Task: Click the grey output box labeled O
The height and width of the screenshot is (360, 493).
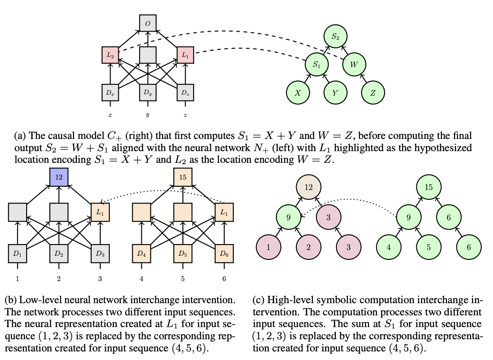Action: [148, 23]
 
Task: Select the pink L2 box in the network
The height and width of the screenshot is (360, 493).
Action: [110, 55]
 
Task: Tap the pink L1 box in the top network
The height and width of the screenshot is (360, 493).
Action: [185, 55]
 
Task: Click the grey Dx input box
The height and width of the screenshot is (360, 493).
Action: [110, 92]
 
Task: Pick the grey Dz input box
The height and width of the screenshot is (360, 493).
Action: [185, 92]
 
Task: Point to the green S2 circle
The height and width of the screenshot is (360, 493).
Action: [335, 37]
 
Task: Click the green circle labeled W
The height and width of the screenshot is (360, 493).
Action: [354, 65]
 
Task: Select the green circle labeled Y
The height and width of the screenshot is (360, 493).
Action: [335, 93]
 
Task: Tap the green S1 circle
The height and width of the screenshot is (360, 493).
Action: [316, 65]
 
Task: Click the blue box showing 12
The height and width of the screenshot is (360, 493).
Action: [59, 177]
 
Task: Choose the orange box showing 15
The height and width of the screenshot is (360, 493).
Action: [183, 177]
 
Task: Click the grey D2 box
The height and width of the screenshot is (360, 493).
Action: [59, 253]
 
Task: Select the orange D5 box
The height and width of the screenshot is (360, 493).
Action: [183, 253]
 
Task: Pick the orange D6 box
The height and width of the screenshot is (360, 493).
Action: [224, 253]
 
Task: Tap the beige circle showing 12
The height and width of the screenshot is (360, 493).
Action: [308, 187]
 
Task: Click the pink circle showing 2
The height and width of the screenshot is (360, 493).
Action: [308, 247]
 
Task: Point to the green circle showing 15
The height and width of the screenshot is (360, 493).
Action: [429, 187]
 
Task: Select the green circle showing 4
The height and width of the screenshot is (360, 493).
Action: [389, 247]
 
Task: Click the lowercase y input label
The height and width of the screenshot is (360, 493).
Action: [148, 115]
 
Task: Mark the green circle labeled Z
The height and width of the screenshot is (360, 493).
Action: [373, 93]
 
